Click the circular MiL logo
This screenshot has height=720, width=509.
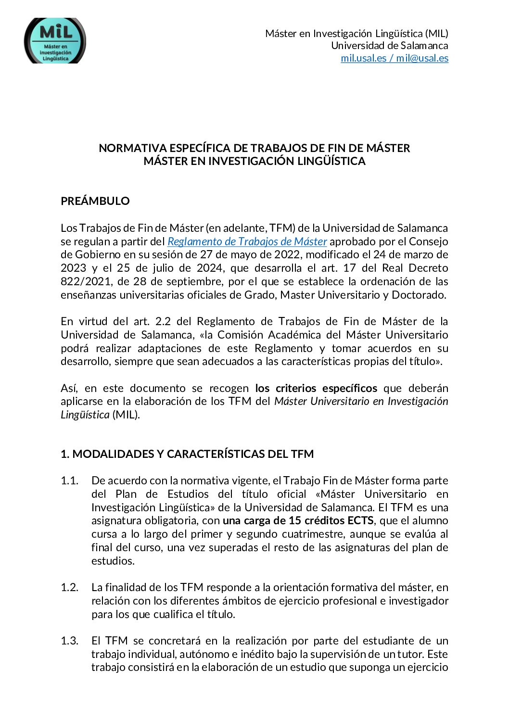(x=55, y=41)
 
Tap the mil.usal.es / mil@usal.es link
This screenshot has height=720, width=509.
(x=394, y=58)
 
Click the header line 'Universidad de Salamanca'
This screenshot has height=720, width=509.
(x=389, y=46)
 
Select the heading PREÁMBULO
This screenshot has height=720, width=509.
(x=95, y=201)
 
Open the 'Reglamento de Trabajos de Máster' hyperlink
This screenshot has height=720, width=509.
(x=247, y=241)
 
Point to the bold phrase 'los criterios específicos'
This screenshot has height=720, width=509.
(x=316, y=388)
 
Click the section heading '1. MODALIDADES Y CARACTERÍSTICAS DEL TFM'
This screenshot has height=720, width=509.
(x=187, y=454)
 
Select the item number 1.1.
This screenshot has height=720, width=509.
(x=69, y=480)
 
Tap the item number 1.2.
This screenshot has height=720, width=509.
(x=69, y=587)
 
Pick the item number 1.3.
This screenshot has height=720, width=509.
(x=69, y=641)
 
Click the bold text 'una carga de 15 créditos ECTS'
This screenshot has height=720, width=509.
(x=298, y=520)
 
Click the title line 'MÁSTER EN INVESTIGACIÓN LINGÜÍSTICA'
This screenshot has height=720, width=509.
(x=254, y=161)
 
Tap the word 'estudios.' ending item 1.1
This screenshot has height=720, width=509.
(x=113, y=561)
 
